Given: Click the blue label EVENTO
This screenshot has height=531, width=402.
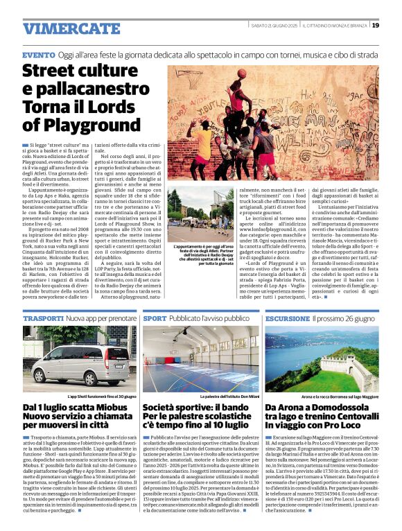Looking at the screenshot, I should tap(38, 54).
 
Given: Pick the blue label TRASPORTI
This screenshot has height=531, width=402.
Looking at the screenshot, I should tap(43, 318).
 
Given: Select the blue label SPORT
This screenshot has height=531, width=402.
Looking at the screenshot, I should tap(155, 318).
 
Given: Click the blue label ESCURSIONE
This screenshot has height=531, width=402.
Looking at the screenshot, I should tap(288, 318).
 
